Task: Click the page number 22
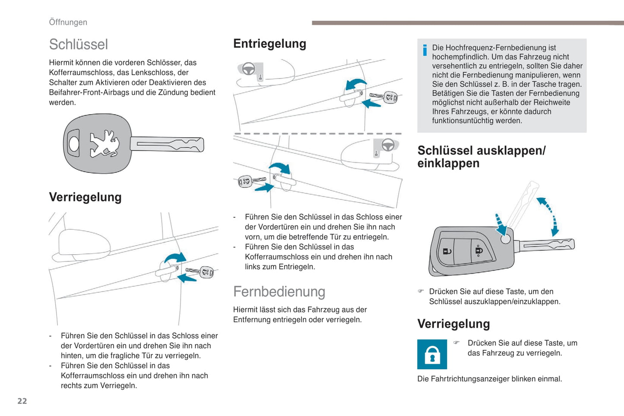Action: click(x=22, y=401)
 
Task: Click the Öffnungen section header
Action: click(x=68, y=22)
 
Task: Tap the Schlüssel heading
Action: click(x=78, y=44)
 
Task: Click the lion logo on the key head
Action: click(x=104, y=143)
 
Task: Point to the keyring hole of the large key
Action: click(x=74, y=143)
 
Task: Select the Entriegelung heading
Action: click(x=269, y=44)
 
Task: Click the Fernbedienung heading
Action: click(x=279, y=292)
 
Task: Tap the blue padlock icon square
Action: click(x=432, y=354)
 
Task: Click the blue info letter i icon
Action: click(x=425, y=50)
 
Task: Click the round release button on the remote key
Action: click(x=505, y=239)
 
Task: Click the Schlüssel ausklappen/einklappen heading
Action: click(x=481, y=157)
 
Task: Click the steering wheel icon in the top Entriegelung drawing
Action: click(x=248, y=69)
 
